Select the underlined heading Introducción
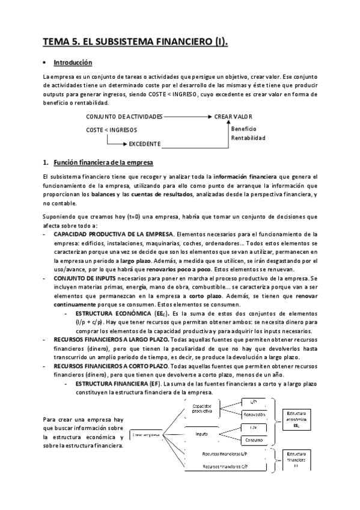point(73,63)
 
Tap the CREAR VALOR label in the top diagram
point(233,116)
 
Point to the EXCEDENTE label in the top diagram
point(144,144)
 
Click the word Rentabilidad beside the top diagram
point(248,138)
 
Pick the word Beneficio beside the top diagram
point(243,129)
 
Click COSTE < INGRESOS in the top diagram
point(111,130)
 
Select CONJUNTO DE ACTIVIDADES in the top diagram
point(124,116)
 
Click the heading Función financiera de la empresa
point(103,163)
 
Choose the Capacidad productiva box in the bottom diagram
point(201,409)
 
